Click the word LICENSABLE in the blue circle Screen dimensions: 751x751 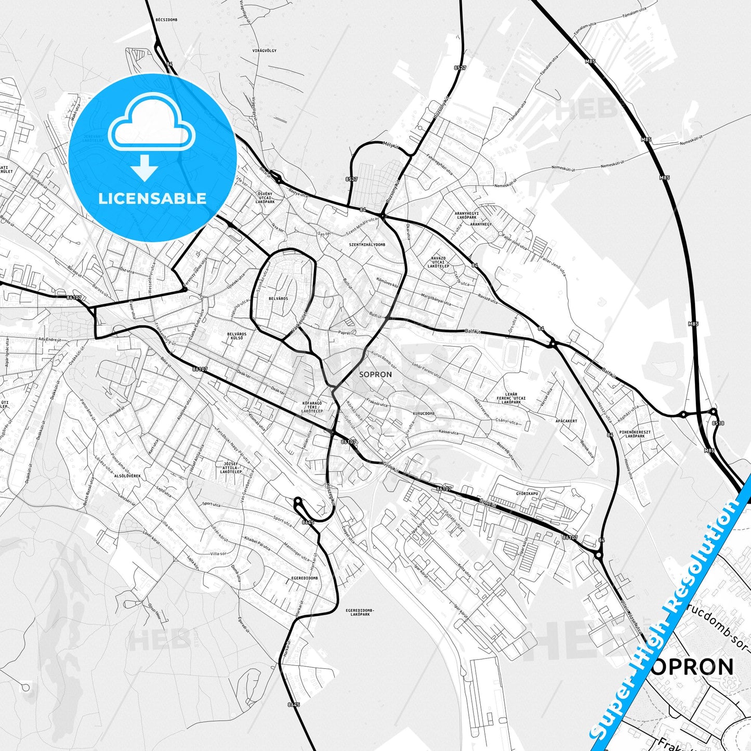point(152,199)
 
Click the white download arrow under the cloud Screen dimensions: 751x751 point(144,167)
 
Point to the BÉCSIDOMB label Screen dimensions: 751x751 point(166,19)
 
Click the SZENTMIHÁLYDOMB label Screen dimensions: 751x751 point(367,244)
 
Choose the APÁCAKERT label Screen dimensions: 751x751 point(566,421)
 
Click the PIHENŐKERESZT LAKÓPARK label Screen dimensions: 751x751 point(635,434)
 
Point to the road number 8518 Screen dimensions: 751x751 point(718,423)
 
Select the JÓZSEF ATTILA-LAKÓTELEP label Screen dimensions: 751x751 point(232,467)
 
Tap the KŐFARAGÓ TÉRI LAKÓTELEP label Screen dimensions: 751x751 point(312,407)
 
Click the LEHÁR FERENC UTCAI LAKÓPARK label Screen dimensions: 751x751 point(511,398)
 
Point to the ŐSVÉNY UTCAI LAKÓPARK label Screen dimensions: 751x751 point(266,197)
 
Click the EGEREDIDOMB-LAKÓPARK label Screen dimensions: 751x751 point(360,612)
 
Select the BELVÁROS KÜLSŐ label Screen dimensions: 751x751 point(236,336)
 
